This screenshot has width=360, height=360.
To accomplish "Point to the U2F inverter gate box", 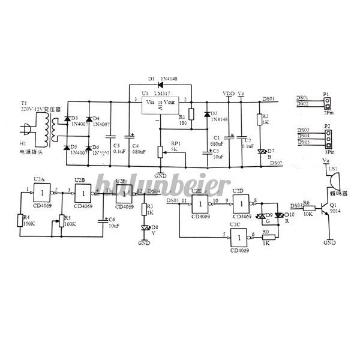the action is point(124,192).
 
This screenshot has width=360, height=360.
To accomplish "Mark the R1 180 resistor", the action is point(191,115).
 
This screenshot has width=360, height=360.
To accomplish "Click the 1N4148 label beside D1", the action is point(171,79).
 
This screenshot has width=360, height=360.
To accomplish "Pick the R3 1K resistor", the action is point(143,209).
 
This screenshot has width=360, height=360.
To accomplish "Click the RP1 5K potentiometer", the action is point(160,152).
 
